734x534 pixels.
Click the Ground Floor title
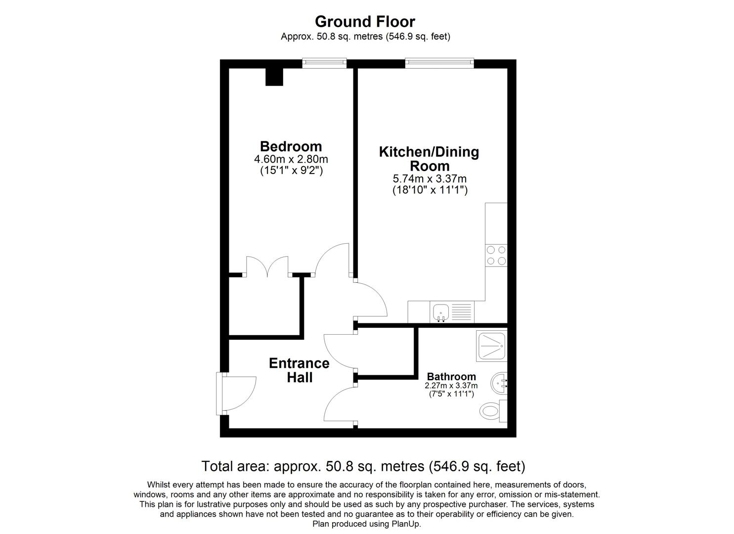point(365,22)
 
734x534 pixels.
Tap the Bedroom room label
point(291,146)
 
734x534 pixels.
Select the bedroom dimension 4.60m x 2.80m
point(291,159)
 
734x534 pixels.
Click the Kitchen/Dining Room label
point(429,158)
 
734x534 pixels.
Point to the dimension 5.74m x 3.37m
point(430,179)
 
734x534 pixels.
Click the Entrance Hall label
point(299,370)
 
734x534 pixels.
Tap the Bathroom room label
point(451,377)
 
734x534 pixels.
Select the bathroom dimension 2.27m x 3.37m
point(451,386)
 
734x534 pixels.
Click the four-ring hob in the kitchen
point(496,256)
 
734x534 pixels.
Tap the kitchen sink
point(440,312)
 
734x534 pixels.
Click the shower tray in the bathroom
point(492,345)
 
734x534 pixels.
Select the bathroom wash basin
point(499,382)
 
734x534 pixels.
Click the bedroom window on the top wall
point(324,63)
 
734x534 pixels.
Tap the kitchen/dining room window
point(439,63)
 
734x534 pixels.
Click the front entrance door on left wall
point(236,393)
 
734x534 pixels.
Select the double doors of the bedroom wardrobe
point(267,267)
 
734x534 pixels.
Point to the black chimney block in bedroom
point(274,77)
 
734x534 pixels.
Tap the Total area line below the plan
point(363,466)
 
